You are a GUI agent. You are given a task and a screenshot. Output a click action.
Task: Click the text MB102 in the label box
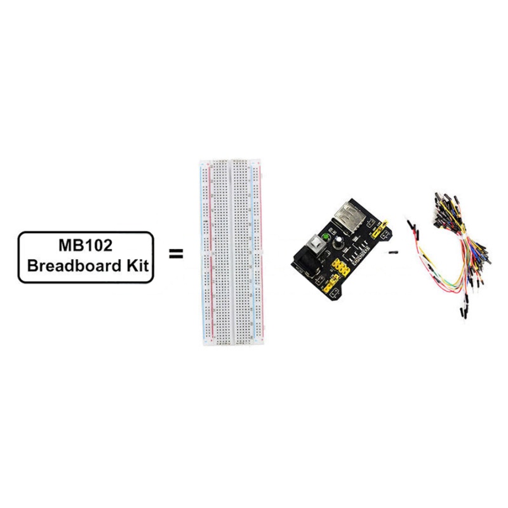point(86,245)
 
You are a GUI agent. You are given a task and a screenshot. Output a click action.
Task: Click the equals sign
point(176,253)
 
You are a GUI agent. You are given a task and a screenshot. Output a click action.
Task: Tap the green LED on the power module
point(326,238)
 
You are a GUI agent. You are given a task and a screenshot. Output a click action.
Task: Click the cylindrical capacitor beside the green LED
point(339,241)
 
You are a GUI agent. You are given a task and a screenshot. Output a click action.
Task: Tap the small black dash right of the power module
point(393,252)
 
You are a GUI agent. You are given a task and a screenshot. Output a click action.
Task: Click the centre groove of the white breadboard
point(231,252)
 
